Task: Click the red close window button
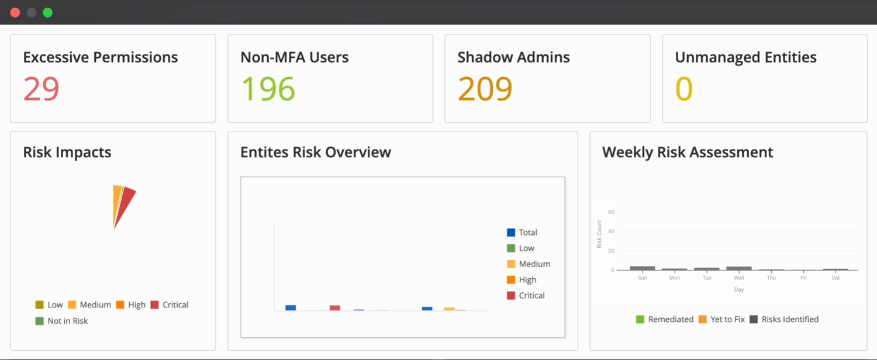click(15, 12)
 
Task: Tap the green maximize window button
click(48, 12)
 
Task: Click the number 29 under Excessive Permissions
click(42, 89)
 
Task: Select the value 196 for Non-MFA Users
click(268, 89)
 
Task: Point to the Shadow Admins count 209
click(485, 89)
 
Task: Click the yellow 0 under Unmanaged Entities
click(683, 89)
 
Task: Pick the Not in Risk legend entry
click(62, 321)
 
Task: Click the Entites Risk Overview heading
click(316, 153)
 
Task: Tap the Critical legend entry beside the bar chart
click(526, 295)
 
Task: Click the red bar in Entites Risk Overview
click(335, 307)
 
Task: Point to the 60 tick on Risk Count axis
click(611, 212)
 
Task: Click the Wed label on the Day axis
click(739, 278)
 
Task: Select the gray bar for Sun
click(642, 268)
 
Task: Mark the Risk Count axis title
click(599, 234)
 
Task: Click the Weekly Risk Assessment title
click(688, 153)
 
